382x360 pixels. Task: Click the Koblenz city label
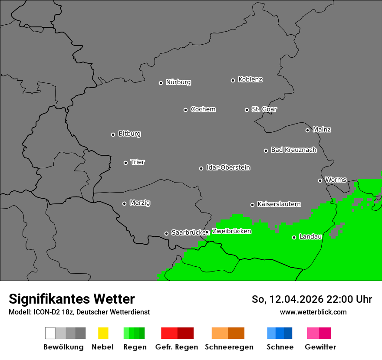tap(250, 79)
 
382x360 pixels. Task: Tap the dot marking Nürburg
tap(161, 83)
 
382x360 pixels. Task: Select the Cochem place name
tap(203, 109)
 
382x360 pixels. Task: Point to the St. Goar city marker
tap(247, 110)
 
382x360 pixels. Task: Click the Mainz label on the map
tap(322, 130)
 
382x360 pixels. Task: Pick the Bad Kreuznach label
tap(293, 150)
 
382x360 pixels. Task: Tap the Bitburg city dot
tap(113, 134)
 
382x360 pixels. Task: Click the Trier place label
tap(138, 162)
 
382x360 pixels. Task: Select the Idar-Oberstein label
tap(228, 167)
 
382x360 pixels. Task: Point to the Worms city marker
tap(320, 180)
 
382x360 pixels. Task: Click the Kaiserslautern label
tap(279, 204)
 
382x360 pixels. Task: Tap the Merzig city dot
tap(124, 203)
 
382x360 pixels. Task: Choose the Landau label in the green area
tap(310, 237)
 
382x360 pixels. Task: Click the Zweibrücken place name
tap(231, 231)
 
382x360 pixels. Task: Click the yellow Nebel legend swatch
tap(103, 333)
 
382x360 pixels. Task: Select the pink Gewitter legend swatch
tap(319, 333)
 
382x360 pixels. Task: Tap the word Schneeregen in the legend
tap(229, 347)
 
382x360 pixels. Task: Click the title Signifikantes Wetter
tap(72, 299)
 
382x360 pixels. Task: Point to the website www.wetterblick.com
tap(313, 312)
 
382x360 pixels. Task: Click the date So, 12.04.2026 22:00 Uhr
tap(312, 299)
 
